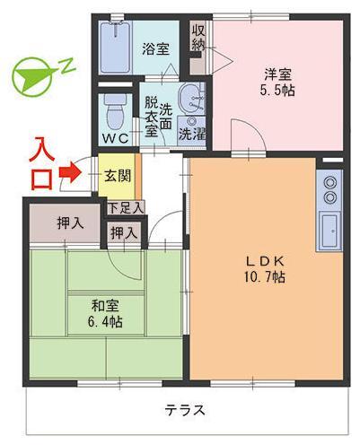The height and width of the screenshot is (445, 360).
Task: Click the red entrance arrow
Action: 69,170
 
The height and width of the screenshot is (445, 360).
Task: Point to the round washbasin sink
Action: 189,100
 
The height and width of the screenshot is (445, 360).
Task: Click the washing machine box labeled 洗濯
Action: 190,133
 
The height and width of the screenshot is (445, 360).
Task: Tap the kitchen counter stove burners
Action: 329,188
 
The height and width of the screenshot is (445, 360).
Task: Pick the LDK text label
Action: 266,261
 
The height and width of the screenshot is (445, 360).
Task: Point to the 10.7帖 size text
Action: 266,278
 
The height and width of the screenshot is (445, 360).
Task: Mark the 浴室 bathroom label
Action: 155,48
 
